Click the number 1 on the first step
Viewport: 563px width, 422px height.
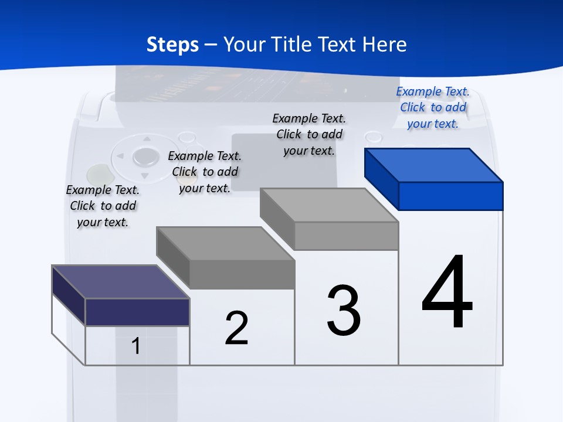click(x=136, y=346)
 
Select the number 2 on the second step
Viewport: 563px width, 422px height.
click(x=236, y=328)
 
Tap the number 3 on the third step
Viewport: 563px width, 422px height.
click(x=344, y=311)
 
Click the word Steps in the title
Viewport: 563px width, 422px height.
click(x=172, y=45)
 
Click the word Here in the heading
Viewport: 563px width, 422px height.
click(x=385, y=45)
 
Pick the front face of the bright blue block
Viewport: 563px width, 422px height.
click(x=450, y=196)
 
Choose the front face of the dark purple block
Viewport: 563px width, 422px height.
click(x=137, y=312)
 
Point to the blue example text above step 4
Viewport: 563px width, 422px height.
click(x=433, y=107)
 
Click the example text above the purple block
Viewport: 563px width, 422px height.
click(x=103, y=206)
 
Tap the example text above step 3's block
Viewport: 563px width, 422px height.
click(x=309, y=134)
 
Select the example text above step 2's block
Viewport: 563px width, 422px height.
click(x=205, y=172)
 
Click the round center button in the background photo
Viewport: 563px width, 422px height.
click(x=145, y=156)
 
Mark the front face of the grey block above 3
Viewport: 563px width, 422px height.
click(x=346, y=236)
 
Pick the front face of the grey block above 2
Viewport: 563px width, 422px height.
click(x=242, y=274)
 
